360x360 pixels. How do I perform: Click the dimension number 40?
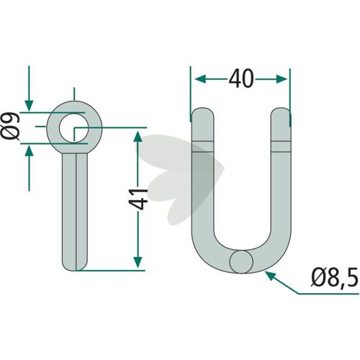(x=241, y=78)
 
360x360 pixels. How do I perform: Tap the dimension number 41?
(x=138, y=199)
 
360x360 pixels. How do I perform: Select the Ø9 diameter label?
(x=10, y=126)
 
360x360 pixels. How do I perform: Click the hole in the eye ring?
(x=74, y=127)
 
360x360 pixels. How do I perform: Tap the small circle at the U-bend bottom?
(x=241, y=262)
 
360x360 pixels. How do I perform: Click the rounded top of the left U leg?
(x=202, y=113)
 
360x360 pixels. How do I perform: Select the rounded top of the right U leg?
(x=281, y=113)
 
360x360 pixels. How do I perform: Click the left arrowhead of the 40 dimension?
(x=201, y=78)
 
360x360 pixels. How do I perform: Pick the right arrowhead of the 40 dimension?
(x=282, y=78)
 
